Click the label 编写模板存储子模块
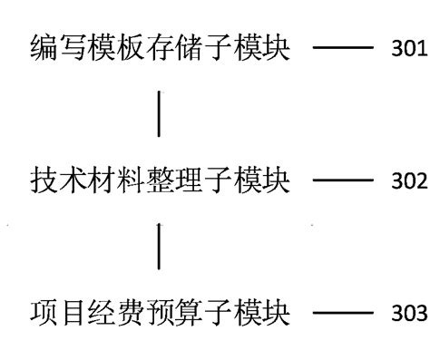click(160, 48)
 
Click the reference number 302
click(410, 182)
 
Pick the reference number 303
click(410, 316)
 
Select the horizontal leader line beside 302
click(342, 182)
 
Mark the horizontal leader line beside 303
click(342, 316)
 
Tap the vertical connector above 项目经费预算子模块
click(160, 246)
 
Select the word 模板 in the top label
click(116, 48)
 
